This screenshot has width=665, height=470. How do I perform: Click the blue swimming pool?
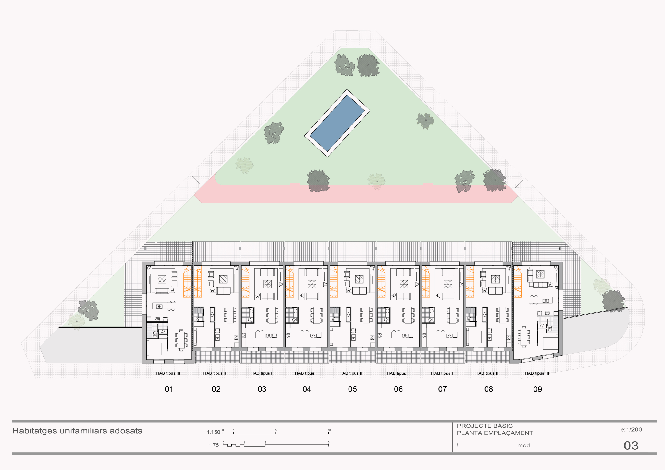(337, 123)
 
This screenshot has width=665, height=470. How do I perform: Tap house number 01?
(169, 389)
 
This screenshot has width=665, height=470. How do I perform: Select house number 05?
(353, 389)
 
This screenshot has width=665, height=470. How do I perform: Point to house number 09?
(537, 389)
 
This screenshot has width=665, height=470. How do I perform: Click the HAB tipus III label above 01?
(168, 373)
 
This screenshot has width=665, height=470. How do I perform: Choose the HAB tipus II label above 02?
(215, 373)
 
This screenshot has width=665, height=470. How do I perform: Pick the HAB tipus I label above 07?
(442, 373)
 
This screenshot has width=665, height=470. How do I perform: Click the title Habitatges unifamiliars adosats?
(77, 431)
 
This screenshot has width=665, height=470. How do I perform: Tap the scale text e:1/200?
(631, 430)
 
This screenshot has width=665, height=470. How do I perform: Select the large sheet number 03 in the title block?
(631, 446)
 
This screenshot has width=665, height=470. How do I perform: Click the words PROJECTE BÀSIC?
(485, 426)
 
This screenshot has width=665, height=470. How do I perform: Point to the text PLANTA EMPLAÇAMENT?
(495, 433)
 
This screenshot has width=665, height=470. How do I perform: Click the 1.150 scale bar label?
(214, 432)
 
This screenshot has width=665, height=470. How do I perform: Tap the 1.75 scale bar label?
(214, 445)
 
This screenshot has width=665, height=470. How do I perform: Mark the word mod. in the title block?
(524, 446)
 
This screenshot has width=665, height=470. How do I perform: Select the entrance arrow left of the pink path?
(196, 180)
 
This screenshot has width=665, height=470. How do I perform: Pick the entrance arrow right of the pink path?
(519, 184)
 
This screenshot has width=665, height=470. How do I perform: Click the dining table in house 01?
(181, 340)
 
